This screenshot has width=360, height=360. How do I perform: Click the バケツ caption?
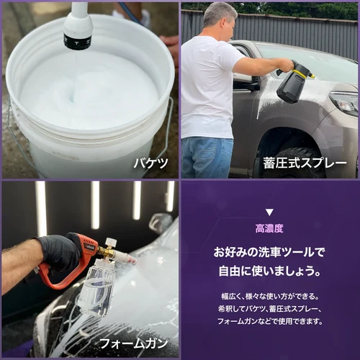coord(150,163)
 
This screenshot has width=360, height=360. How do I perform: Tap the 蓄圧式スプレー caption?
coord(305,163)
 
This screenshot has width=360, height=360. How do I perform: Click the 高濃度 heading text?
coord(269,228)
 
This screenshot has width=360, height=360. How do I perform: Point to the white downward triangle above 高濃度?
coord(269,212)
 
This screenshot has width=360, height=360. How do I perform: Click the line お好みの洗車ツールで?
coord(269,253)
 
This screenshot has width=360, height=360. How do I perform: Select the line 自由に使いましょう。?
coord(269,272)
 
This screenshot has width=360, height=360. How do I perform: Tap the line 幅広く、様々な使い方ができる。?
coord(269,296)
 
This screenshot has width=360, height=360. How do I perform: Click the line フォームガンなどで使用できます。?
coord(269,322)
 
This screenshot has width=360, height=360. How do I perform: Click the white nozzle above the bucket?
coord(78,27)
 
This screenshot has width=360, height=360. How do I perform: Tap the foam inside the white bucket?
coord(86,94)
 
